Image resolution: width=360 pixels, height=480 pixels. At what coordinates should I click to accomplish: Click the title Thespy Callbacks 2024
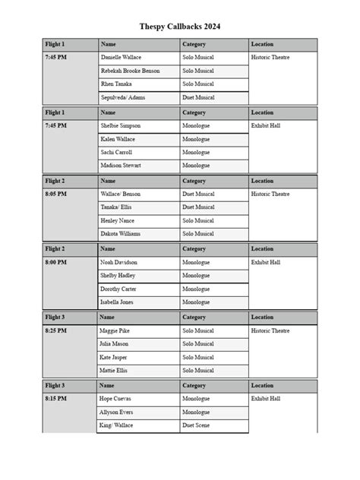(180, 27)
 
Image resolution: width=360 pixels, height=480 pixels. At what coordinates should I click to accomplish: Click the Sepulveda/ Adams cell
(122, 98)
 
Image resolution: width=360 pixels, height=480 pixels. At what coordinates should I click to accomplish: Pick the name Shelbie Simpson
(121, 126)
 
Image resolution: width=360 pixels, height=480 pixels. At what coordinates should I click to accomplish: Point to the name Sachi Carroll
(116, 153)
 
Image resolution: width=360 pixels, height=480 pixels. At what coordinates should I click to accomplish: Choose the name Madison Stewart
(121, 166)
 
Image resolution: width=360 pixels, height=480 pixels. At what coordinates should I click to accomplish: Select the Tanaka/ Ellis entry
(116, 207)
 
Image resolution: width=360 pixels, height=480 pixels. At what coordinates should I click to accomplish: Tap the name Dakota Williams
(120, 234)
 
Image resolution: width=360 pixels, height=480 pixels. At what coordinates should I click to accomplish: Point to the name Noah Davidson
(119, 262)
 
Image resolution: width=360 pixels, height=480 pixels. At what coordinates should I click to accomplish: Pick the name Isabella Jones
(117, 302)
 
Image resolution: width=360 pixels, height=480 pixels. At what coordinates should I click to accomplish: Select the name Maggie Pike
(115, 331)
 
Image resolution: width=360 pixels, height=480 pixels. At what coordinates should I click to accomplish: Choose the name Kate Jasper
(114, 357)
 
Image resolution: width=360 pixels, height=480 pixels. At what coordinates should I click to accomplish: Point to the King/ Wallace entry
(116, 426)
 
